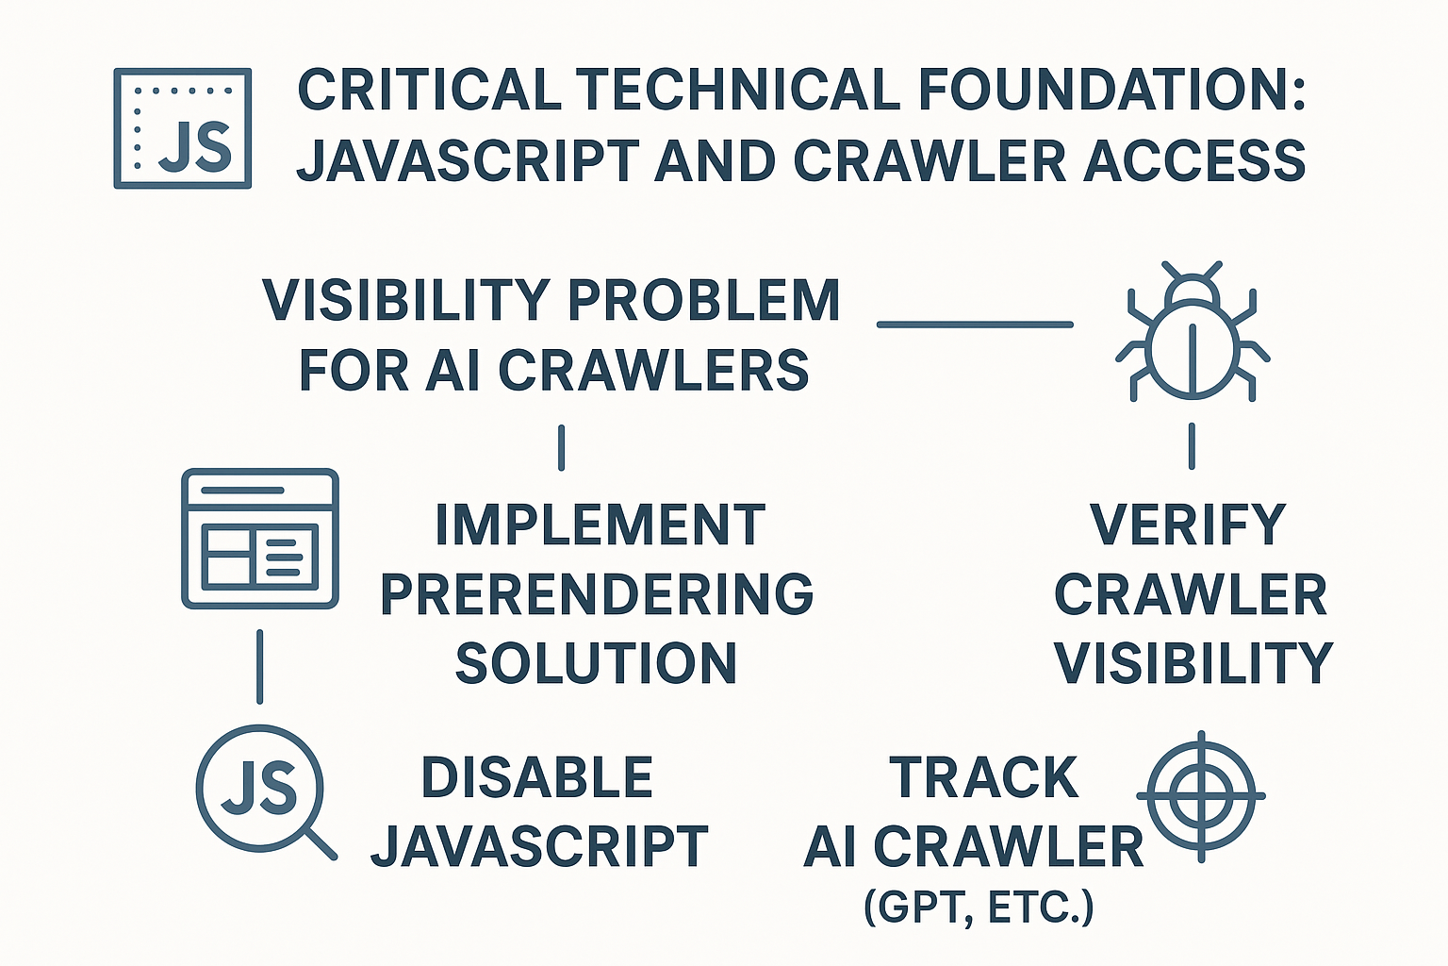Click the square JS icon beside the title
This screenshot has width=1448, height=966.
(182, 127)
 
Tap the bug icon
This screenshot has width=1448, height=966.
(1193, 332)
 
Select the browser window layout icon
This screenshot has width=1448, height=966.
(259, 539)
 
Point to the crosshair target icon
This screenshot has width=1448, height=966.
(1201, 795)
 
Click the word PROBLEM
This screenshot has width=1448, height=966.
(703, 301)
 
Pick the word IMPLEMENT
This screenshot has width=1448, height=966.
(600, 525)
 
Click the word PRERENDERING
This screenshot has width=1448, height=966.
(597, 594)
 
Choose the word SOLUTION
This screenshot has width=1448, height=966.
(596, 663)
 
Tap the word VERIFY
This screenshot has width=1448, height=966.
(1188, 525)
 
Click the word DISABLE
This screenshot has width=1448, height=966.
(536, 778)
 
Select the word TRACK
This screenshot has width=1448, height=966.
(983, 778)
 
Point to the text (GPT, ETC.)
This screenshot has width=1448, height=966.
(979, 908)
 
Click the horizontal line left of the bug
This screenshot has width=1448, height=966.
(975, 325)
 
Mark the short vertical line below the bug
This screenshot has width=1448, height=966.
(1193, 445)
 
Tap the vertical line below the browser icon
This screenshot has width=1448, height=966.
(259, 667)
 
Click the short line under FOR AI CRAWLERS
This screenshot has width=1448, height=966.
(562, 447)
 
